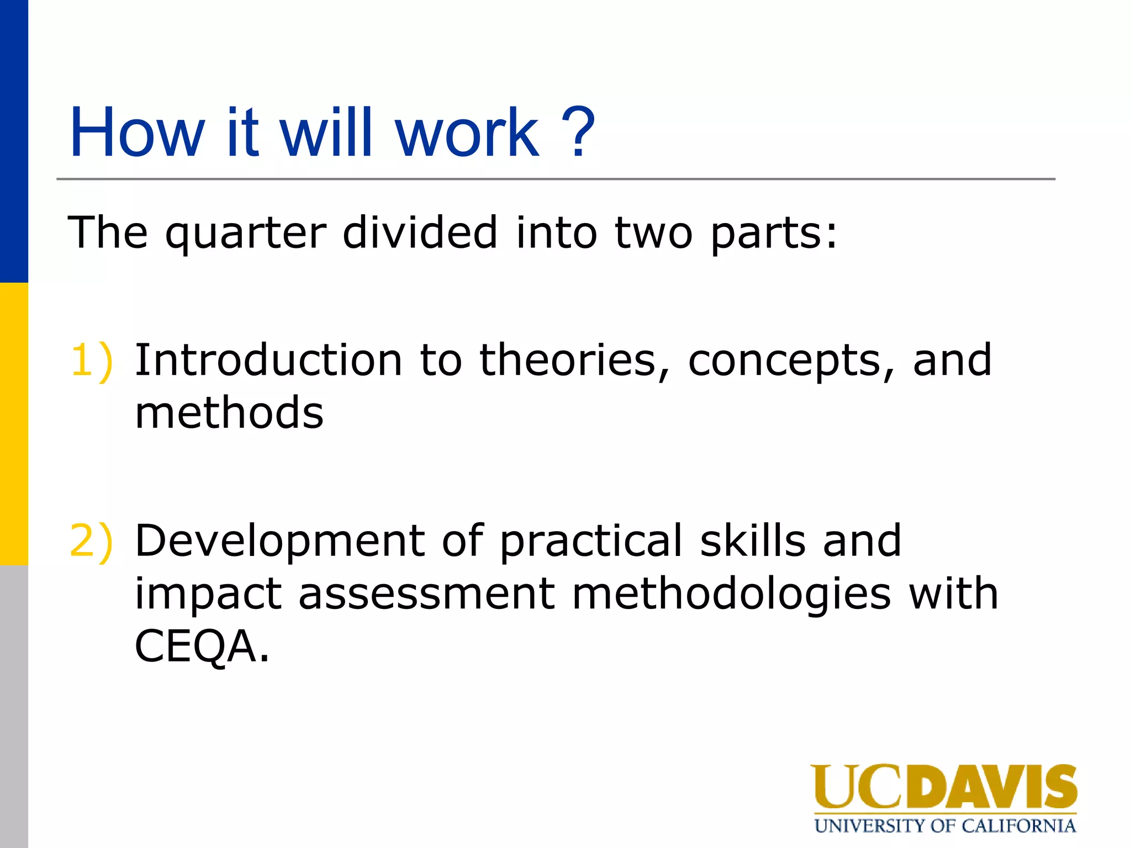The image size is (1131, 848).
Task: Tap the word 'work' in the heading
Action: point(467,132)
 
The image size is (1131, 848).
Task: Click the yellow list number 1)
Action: point(92,361)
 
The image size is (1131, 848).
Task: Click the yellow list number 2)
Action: point(92,541)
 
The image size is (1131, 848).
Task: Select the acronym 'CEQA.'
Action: point(202,646)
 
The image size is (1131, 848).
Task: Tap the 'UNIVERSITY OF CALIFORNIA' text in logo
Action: point(945,826)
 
